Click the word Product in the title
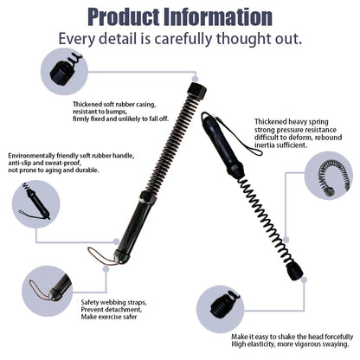pyautogui.click(x=125, y=16)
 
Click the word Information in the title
pyautogui.click(x=218, y=16)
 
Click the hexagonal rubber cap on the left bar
pyautogui.click(x=197, y=91)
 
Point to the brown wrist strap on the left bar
pyautogui.click(x=101, y=256)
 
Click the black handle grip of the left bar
pyautogui.click(x=136, y=225)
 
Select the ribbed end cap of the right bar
pyautogui.click(x=294, y=271)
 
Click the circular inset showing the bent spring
pyautogui.click(x=328, y=176)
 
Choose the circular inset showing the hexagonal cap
pyautogui.click(x=65, y=71)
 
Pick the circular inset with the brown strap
pyautogui.click(x=47, y=290)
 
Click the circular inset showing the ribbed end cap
pyautogui.click(x=221, y=309)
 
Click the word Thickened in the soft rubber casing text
pyautogui.click(x=87, y=105)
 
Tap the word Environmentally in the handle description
pyautogui.click(x=30, y=156)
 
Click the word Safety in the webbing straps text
pyautogui.click(x=90, y=303)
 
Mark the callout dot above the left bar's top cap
pyautogui.click(x=196, y=79)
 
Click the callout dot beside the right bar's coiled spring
pyautogui.click(x=286, y=240)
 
